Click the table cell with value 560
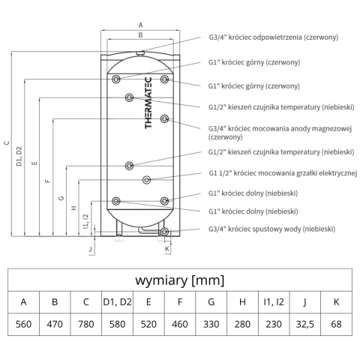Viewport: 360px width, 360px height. coord(23,324)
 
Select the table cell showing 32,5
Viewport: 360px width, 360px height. coord(304,324)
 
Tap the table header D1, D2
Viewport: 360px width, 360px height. coord(117,302)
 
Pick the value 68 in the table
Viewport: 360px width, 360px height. coord(336,324)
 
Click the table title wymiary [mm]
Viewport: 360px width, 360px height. coord(180,280)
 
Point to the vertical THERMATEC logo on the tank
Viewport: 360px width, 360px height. coord(148,103)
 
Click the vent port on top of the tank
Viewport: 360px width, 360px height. coord(140,52)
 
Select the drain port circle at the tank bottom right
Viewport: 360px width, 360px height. coord(164,232)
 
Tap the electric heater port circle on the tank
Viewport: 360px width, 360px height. coord(146,180)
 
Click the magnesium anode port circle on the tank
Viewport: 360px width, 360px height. coord(164,118)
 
